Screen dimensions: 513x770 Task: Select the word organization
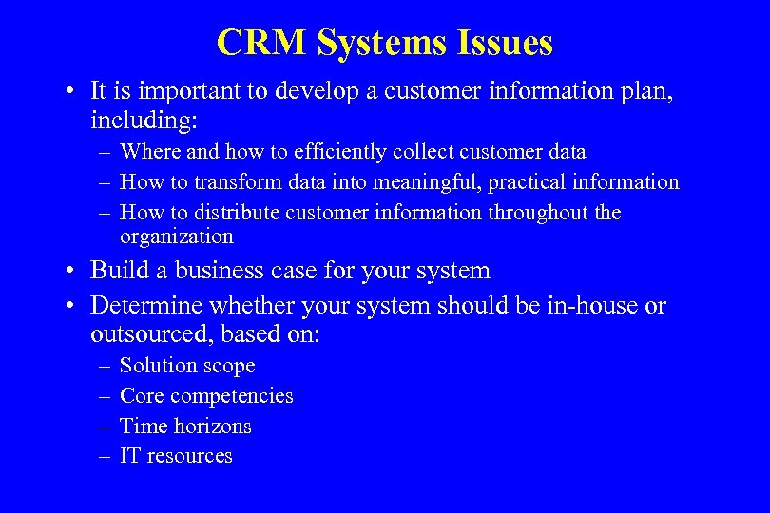[177, 237]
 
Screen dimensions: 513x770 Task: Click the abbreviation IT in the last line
[129, 456]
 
